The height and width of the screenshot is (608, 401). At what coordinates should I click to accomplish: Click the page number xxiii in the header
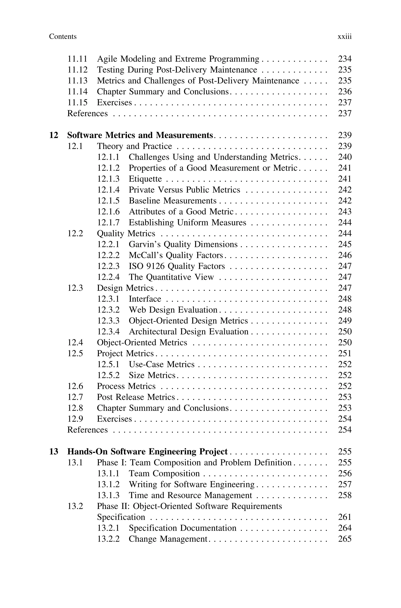344,37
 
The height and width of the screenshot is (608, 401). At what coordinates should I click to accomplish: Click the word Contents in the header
63,37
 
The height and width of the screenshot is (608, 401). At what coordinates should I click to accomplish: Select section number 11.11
77,59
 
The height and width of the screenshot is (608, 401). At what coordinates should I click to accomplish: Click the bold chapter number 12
53,135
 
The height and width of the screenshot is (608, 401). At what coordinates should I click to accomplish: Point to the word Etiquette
145,179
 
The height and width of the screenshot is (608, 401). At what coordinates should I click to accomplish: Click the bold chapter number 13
53,452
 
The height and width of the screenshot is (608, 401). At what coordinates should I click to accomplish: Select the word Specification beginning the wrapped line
121,517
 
